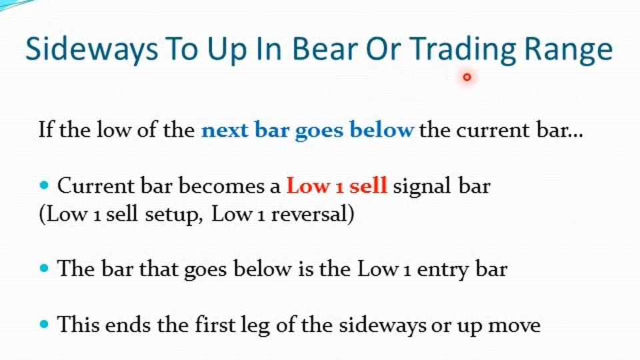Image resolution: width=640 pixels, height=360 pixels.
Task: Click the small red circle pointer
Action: tap(467, 77)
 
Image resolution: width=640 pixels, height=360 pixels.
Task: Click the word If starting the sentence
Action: tap(46, 130)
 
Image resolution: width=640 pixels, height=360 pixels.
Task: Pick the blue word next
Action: tap(225, 130)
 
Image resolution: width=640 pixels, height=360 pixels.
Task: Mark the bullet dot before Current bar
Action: tap(44, 185)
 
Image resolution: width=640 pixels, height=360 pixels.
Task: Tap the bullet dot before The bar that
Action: tap(44, 268)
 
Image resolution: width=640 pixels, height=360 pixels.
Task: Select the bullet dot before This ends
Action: tap(44, 325)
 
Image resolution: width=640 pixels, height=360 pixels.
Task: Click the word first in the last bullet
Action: tap(214, 325)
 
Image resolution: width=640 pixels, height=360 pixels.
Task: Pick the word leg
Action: tap(255, 327)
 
